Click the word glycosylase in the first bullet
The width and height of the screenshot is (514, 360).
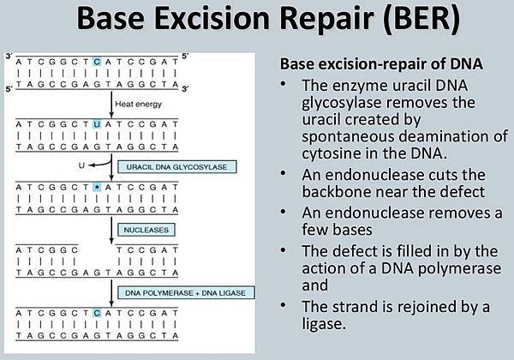pyautogui.click(x=334, y=102)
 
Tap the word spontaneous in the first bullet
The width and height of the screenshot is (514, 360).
pyautogui.click(x=346, y=136)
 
